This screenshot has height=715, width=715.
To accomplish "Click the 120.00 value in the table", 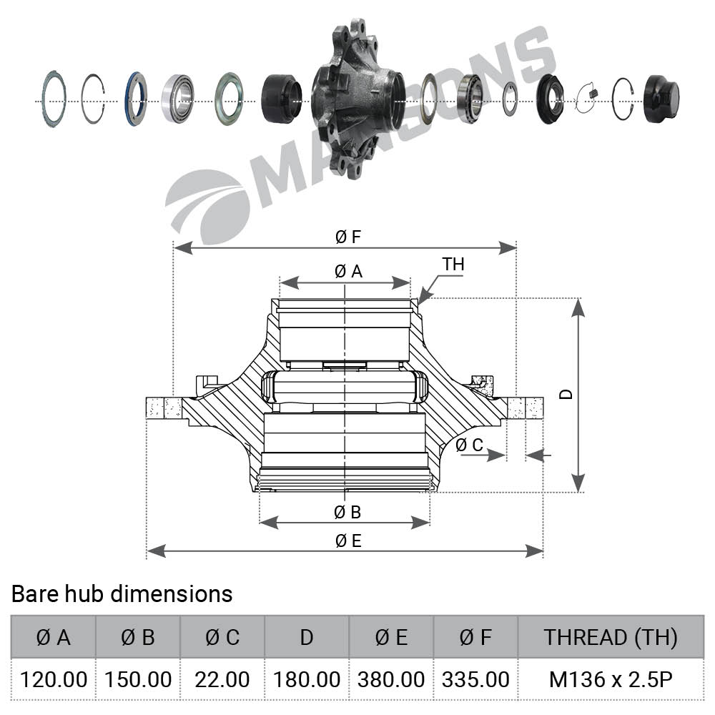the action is pos(54,679).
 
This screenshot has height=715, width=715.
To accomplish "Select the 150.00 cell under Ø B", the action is pos(138,679).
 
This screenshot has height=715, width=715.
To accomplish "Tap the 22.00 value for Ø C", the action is pos(222,679).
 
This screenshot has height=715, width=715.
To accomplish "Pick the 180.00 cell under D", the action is pos(307,679).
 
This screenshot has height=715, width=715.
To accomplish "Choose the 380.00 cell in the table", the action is pos(391,679).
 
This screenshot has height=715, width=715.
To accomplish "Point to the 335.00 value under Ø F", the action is pos(475,679).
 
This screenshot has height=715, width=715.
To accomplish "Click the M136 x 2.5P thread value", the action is pos(611,679).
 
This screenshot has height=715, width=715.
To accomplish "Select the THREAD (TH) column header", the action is pos(611,638).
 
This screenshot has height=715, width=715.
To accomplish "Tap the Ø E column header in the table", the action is pos(391,638).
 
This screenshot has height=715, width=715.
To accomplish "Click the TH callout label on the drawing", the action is pos(453,265).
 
